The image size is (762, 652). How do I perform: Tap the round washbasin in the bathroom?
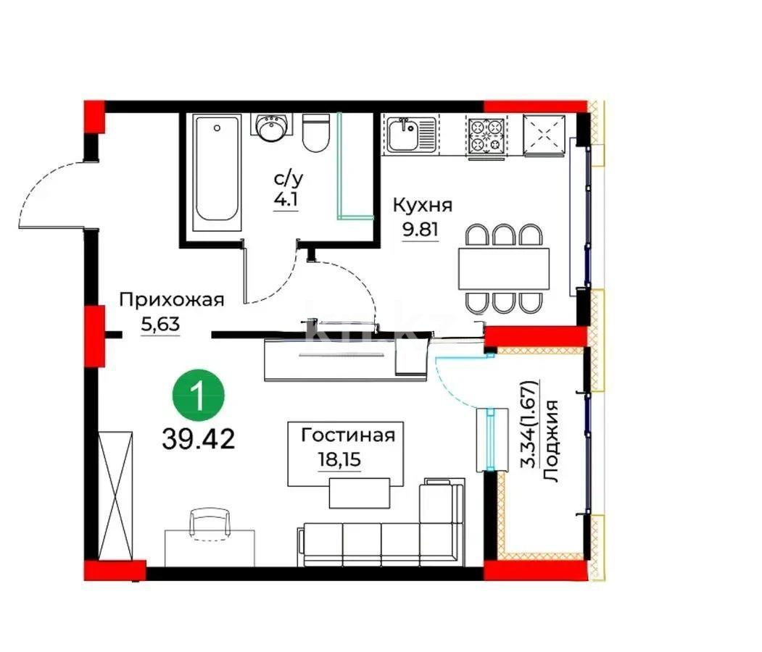[x=273, y=129]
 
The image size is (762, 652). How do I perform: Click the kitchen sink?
[x=410, y=135]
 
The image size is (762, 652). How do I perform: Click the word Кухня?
[x=422, y=205]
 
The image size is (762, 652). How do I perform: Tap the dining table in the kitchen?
[x=503, y=269]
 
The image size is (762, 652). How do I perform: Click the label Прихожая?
[x=171, y=300]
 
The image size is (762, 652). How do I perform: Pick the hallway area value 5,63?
[x=160, y=325]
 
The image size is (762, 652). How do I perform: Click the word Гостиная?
[x=348, y=435]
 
